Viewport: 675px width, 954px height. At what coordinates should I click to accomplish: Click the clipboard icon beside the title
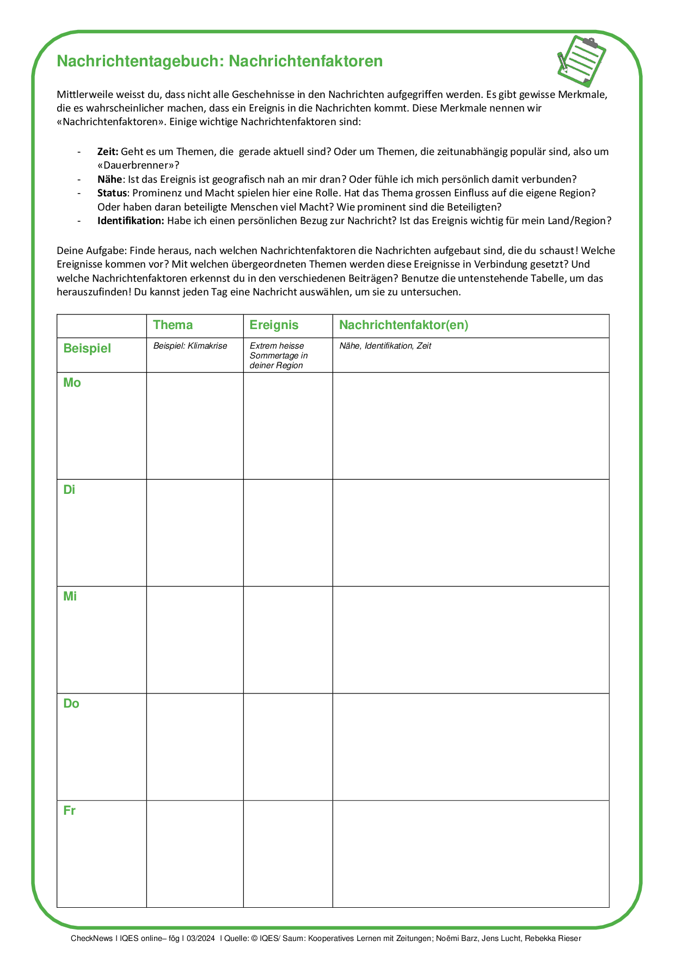[x=581, y=61]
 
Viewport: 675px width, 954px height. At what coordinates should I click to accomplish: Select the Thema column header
[x=173, y=325]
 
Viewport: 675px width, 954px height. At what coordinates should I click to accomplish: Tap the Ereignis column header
[x=274, y=325]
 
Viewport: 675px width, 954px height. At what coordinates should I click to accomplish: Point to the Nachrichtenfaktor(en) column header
[x=403, y=325]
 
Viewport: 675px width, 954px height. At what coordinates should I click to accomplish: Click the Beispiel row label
[x=87, y=349]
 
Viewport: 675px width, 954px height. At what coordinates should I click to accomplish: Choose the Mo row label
[x=72, y=383]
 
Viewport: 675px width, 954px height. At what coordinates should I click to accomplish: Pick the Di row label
[x=69, y=490]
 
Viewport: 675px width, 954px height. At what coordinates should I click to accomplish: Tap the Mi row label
[x=70, y=597]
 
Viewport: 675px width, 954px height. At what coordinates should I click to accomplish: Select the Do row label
[x=71, y=704]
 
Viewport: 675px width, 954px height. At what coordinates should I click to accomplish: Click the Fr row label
[x=69, y=811]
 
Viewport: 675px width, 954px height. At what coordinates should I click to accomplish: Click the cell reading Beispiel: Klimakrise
[x=190, y=346]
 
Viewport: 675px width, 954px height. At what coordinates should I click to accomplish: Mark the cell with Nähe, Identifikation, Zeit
[x=385, y=346]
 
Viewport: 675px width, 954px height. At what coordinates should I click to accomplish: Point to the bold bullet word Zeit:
[x=108, y=152]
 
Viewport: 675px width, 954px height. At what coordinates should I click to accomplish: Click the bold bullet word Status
[x=112, y=193]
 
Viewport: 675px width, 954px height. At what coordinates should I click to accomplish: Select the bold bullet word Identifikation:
[x=130, y=221]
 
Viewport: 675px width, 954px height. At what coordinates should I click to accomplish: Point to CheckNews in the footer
[x=91, y=938]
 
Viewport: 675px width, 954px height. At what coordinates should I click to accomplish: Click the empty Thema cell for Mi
[x=195, y=640]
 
